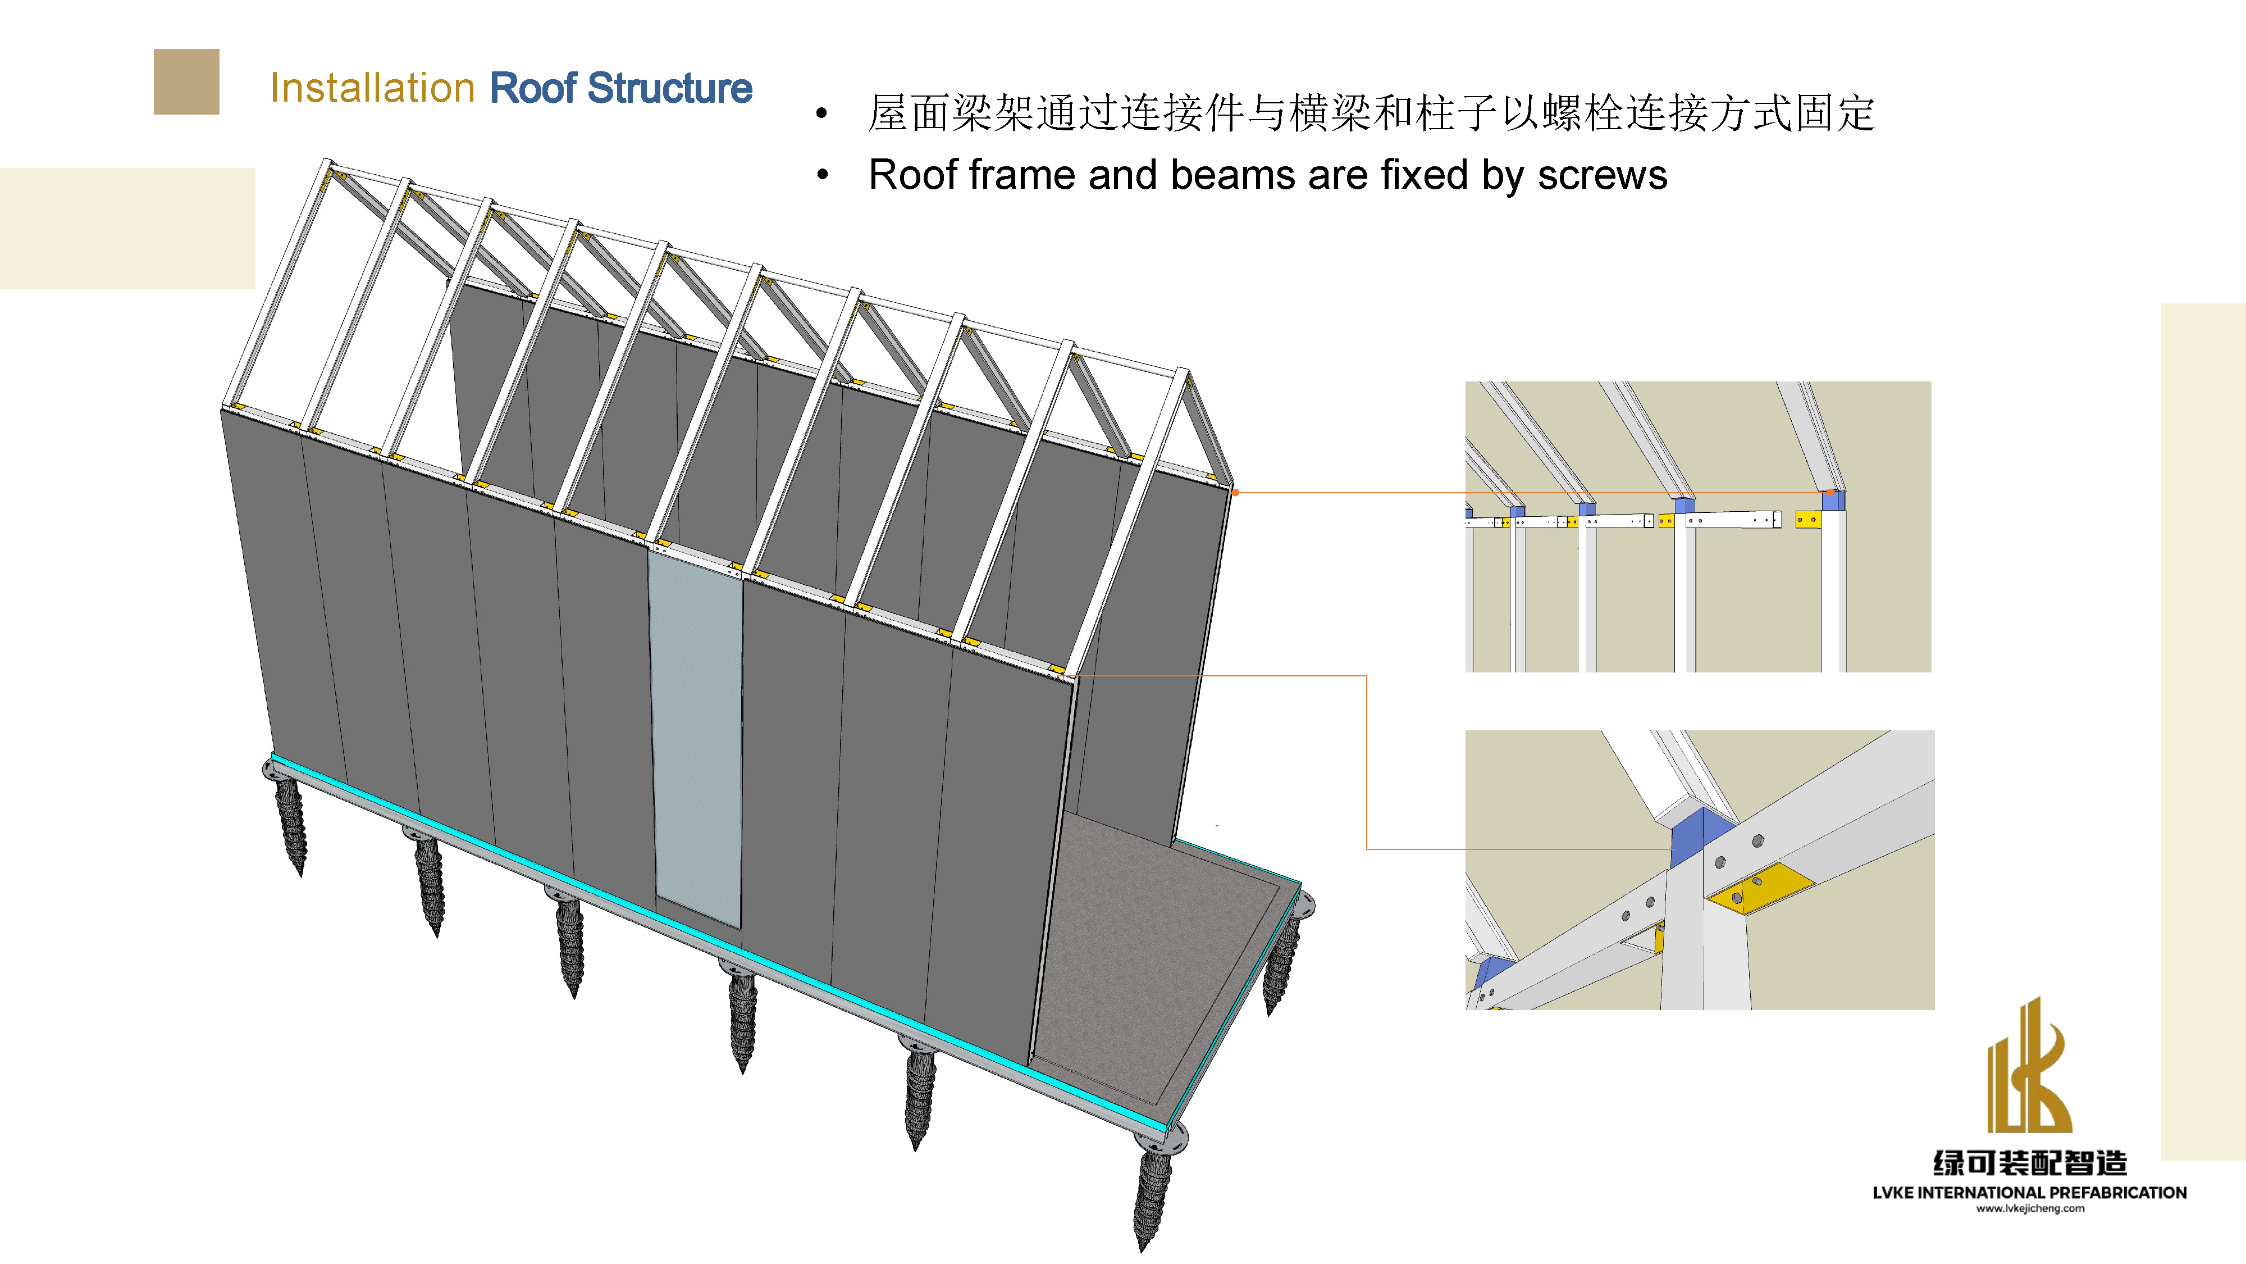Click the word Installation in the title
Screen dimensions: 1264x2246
point(372,88)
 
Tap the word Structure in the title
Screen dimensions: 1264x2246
point(669,88)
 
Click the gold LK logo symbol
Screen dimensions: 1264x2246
point(2029,1069)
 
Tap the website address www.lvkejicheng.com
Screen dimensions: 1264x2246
point(2029,1208)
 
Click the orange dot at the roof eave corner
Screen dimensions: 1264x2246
point(1235,493)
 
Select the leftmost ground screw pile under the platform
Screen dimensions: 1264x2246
point(291,824)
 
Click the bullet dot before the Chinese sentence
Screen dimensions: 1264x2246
point(821,113)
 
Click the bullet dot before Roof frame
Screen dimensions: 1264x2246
point(821,175)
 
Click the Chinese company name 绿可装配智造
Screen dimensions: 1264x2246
point(2029,1163)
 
